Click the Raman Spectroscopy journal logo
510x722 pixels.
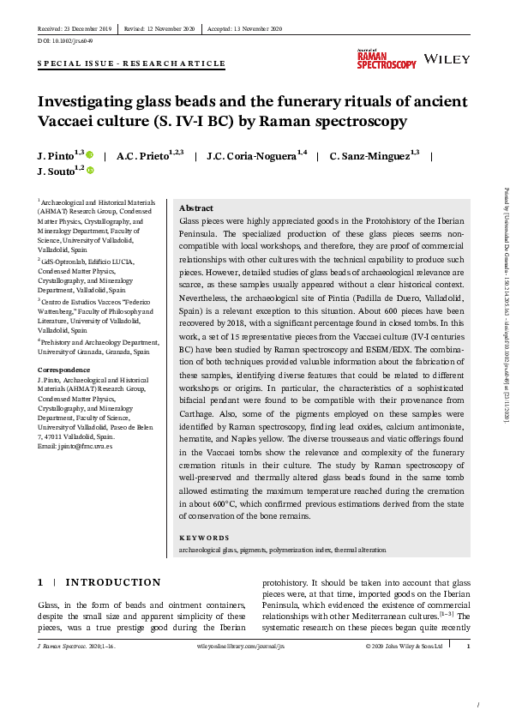[386, 59]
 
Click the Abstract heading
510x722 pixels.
[195, 208]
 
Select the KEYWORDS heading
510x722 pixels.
[204, 538]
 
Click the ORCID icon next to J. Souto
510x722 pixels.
[90, 171]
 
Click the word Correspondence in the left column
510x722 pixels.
[63, 370]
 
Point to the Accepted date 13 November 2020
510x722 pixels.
[249, 29]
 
